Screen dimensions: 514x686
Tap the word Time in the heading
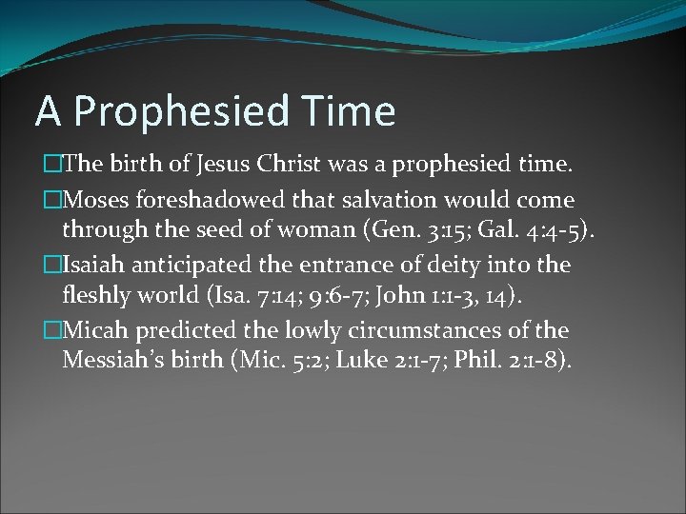pyautogui.click(x=352, y=110)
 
